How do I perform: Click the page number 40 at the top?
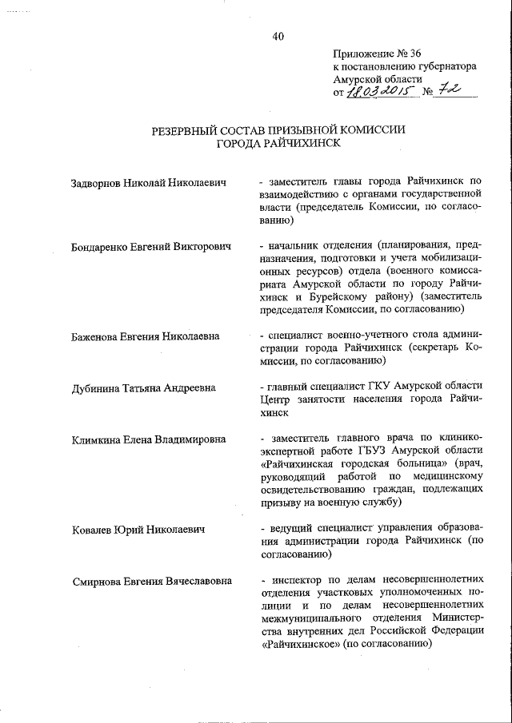[278, 36]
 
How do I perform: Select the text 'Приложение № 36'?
[377, 54]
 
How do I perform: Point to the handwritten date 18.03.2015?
[377, 93]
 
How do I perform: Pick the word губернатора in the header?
[449, 67]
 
